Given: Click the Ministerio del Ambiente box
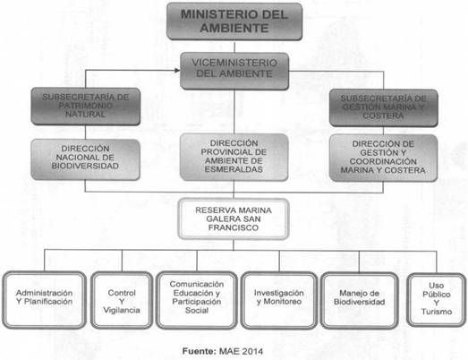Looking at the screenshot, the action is click(234, 21).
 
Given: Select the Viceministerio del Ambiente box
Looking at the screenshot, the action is click(234, 71).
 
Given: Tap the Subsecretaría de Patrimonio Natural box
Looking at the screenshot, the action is click(86, 107).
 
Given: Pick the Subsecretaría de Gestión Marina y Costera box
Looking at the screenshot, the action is click(384, 107).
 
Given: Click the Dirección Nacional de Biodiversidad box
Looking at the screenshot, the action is click(86, 159).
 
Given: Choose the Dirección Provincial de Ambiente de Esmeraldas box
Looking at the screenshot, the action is click(234, 157).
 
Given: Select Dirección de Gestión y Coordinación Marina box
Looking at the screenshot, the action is click(383, 158).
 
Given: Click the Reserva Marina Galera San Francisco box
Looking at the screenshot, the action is click(234, 219).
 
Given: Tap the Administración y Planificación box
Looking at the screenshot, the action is click(45, 300).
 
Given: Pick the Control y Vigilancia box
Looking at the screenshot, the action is click(122, 300).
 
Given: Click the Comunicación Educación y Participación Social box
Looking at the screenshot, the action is click(197, 300).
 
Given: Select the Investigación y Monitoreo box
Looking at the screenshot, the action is click(279, 300).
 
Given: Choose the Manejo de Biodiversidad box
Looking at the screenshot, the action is click(360, 300).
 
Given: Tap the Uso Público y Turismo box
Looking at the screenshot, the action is click(437, 300).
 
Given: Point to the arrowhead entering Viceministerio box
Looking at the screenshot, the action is click(177, 70).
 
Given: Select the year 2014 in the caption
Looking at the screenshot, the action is click(252, 351).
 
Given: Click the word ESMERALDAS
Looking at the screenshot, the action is click(234, 169).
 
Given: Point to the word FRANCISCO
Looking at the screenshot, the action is click(234, 227).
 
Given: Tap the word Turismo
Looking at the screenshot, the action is click(437, 312).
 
